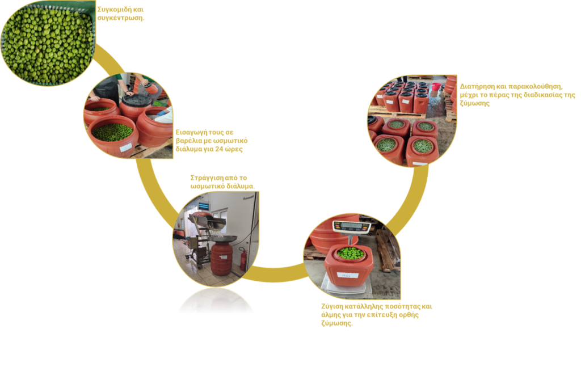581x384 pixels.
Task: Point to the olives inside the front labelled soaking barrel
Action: click(x=112, y=132)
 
